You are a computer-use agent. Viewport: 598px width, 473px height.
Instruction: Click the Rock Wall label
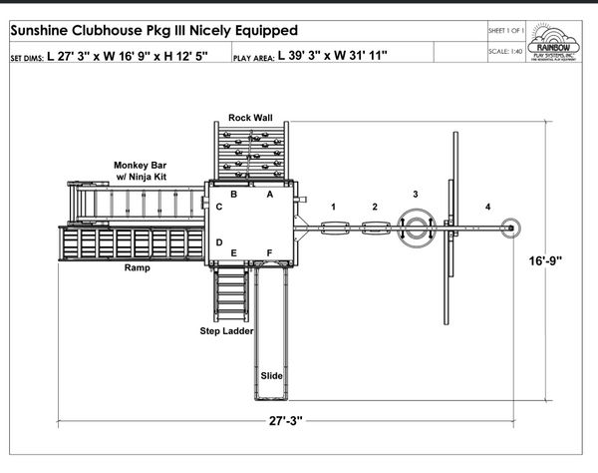coord(250,117)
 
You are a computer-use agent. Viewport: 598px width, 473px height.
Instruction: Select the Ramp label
coord(138,268)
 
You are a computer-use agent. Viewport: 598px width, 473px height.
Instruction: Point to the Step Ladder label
coord(225,330)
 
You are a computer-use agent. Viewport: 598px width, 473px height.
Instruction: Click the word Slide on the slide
coord(272,375)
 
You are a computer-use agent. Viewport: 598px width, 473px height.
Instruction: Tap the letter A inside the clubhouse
coord(269,195)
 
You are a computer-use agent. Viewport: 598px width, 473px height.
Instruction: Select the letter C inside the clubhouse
coord(218,207)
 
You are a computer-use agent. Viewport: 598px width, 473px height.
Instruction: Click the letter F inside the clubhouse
coord(269,252)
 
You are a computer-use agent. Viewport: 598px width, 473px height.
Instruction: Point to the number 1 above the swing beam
coord(334,207)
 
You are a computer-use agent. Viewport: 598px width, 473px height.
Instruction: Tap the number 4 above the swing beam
coord(487,207)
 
